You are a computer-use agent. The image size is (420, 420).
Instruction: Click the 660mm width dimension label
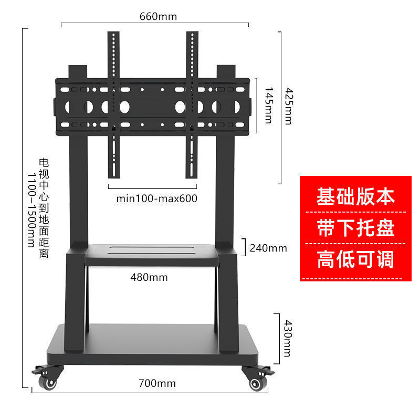pyautogui.click(x=158, y=16)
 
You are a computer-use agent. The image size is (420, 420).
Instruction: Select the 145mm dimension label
pyautogui.click(x=268, y=105)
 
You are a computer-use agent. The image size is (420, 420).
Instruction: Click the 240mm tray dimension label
pyautogui.click(x=269, y=248)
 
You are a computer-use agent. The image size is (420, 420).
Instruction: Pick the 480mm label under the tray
pyautogui.click(x=149, y=277)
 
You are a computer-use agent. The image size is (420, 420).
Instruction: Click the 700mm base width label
pyautogui.click(x=157, y=384)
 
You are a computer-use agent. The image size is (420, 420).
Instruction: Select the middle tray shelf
pyautogui.click(x=151, y=253)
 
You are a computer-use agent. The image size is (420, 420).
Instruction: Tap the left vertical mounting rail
pyautogui.click(x=113, y=105)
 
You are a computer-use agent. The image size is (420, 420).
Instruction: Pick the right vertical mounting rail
pyautogui.click(x=192, y=105)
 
